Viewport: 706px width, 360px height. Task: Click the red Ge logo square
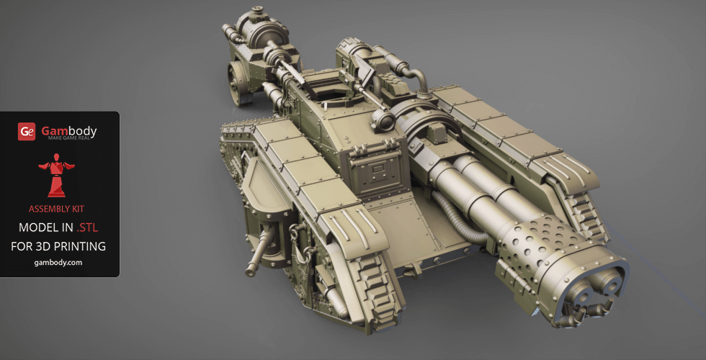(27, 131)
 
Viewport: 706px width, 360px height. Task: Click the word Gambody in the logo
(69, 131)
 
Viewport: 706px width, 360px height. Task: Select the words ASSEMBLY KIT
(56, 209)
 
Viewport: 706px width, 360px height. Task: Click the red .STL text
(87, 228)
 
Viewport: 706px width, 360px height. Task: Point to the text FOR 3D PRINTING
(58, 246)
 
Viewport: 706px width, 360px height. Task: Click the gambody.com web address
(58, 263)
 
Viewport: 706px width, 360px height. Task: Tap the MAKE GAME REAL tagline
(69, 138)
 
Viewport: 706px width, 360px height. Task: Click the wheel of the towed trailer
(237, 84)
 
